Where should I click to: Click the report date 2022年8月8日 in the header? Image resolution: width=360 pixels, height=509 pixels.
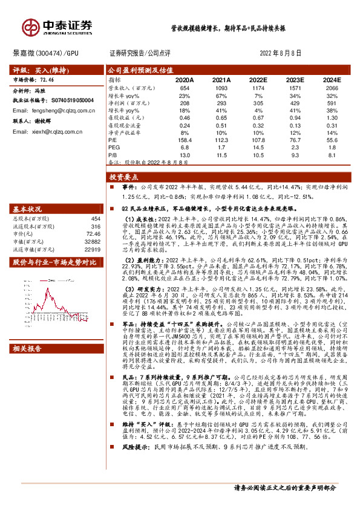281,53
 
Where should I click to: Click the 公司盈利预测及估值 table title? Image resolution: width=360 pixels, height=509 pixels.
131,70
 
